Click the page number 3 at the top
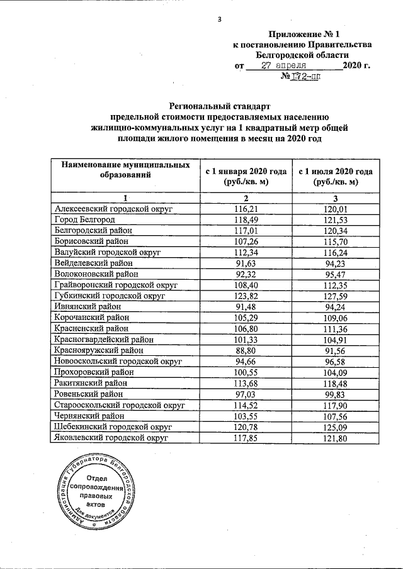tap(219, 19)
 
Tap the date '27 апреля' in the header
tap(284, 65)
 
